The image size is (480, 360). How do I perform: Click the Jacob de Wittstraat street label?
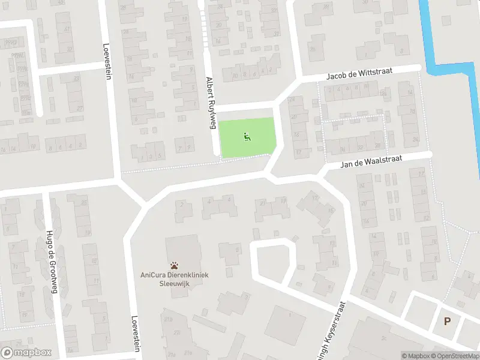click(359, 73)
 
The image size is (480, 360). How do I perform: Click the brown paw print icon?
click(175, 265)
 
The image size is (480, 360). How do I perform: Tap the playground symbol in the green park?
click(247, 137)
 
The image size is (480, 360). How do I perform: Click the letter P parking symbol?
click(447, 321)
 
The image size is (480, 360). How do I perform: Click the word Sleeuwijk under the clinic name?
click(175, 283)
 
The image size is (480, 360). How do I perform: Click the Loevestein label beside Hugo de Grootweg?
click(136, 334)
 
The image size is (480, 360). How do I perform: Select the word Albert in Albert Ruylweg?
click(209, 85)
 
